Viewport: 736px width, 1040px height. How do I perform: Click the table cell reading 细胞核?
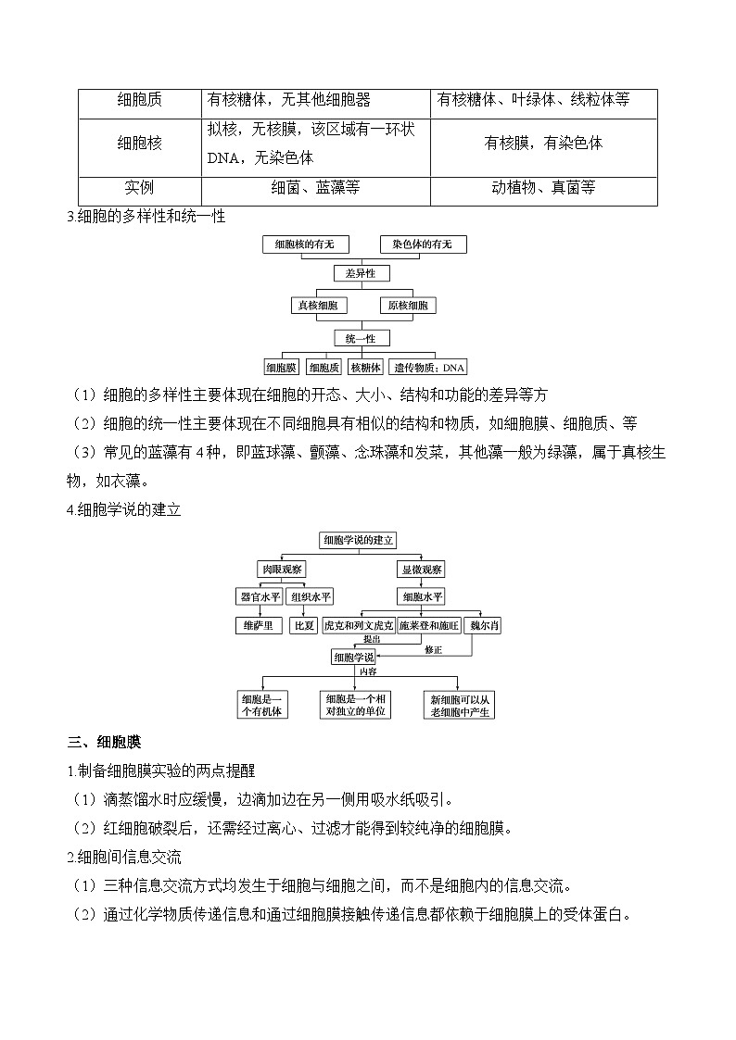coord(139,144)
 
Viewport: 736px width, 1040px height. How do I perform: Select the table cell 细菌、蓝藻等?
coord(315,188)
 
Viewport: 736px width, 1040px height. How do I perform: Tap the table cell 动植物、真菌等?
coord(543,188)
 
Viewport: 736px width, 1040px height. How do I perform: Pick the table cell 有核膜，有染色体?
coord(543,144)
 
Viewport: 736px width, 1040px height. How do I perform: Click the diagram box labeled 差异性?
coord(361,273)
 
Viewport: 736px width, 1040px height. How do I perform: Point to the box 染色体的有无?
coord(423,244)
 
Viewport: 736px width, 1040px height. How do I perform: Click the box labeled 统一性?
coord(361,338)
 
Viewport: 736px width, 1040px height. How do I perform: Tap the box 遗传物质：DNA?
coord(428,367)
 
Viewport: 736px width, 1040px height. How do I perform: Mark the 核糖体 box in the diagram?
coord(365,367)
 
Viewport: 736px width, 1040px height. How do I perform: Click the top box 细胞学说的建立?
coord(358,539)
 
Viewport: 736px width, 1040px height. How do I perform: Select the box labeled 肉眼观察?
coord(282,569)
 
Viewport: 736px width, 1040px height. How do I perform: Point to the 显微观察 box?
coord(421,569)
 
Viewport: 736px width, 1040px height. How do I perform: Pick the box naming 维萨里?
coord(257,626)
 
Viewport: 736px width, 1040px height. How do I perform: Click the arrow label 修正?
coord(433,650)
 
